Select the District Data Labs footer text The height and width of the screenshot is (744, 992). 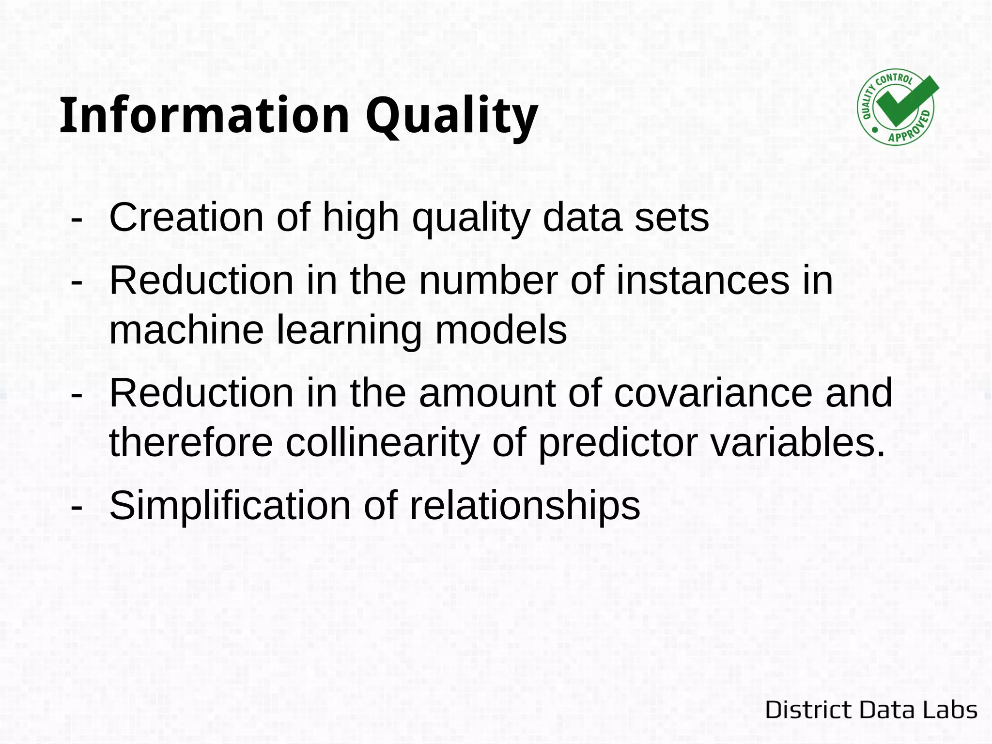tap(871, 710)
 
